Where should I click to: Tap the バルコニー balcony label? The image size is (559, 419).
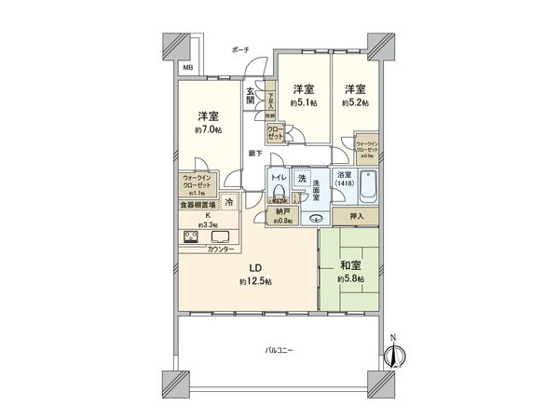pyautogui.click(x=279, y=350)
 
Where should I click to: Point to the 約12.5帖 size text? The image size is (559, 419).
pyautogui.click(x=253, y=280)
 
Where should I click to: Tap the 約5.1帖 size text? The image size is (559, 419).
pyautogui.click(x=303, y=102)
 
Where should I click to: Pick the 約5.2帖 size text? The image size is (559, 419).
pyautogui.click(x=354, y=102)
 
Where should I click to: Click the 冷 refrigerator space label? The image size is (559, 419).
pyautogui.click(x=229, y=201)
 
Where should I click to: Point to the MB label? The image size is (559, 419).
pyautogui.click(x=187, y=68)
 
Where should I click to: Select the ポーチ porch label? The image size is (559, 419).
pyautogui.click(x=239, y=49)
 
